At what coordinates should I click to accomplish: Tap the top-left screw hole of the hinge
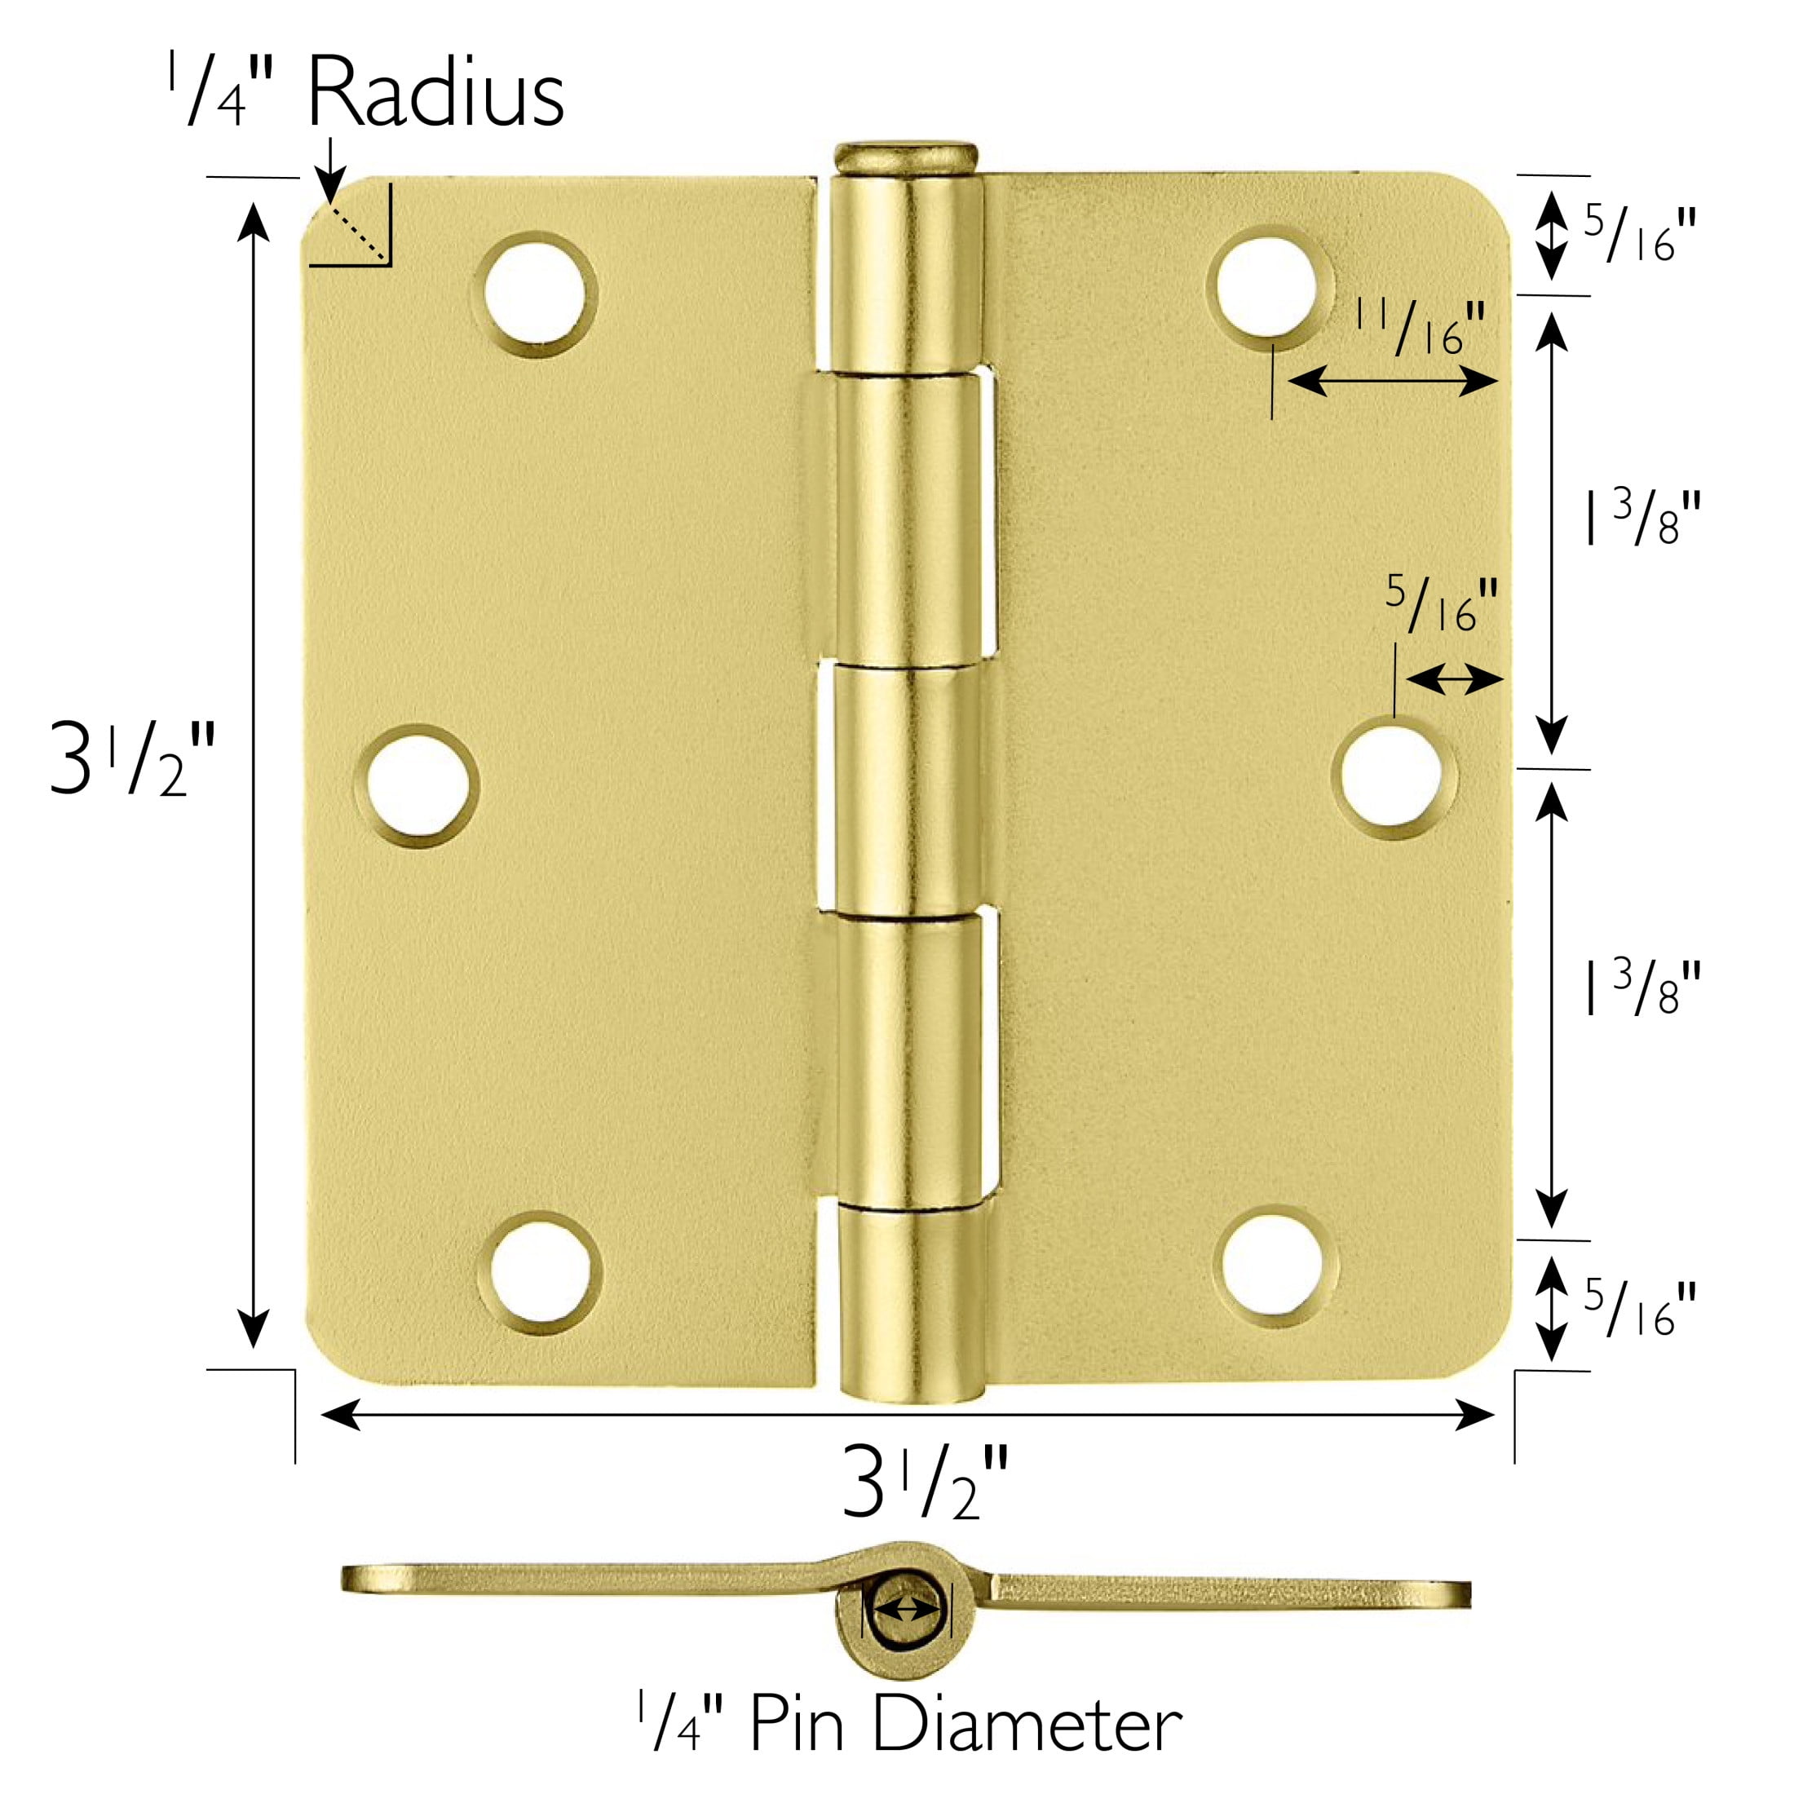[535, 294]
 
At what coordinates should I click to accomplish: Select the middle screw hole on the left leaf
[417, 785]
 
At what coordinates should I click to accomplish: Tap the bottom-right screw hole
[1276, 1266]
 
